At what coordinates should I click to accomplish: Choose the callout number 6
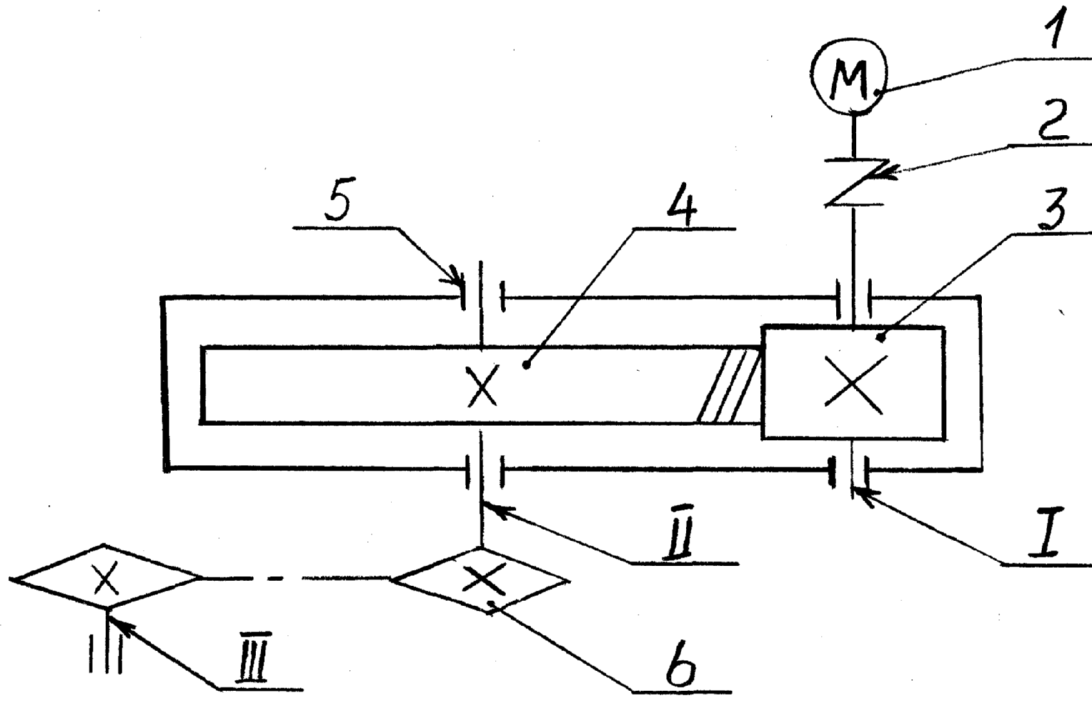pos(681,668)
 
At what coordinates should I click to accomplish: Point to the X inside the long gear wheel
pos(483,385)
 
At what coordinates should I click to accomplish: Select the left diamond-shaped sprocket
pos(104,578)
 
